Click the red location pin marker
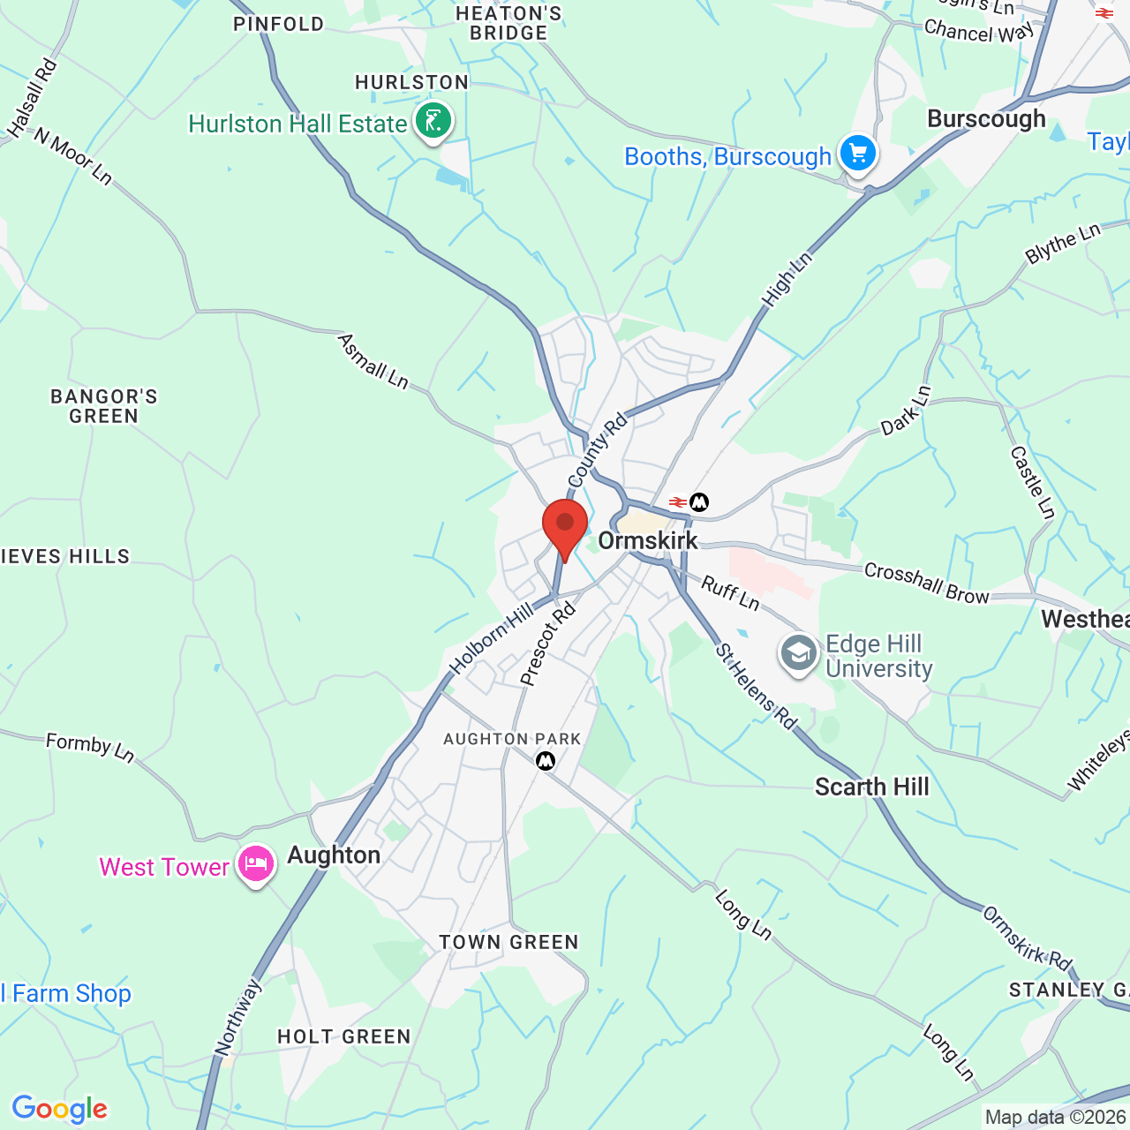[x=565, y=526]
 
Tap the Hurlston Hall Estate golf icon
[x=433, y=121]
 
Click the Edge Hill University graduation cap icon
[x=799, y=655]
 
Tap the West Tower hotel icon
[x=255, y=864]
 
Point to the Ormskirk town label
[x=648, y=540]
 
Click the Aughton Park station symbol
[x=546, y=759]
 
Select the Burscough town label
[x=986, y=119]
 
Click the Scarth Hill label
[x=871, y=787]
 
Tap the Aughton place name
[x=334, y=855]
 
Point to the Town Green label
[x=508, y=942]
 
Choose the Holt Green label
[x=344, y=1036]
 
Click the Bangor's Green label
[x=104, y=406]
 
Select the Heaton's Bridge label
[x=508, y=23]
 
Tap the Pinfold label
[x=279, y=24]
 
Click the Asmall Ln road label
[x=373, y=361]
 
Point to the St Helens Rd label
[x=756, y=687]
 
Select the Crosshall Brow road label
[x=927, y=584]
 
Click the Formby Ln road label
[x=90, y=747]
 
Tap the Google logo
[x=59, y=1109]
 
